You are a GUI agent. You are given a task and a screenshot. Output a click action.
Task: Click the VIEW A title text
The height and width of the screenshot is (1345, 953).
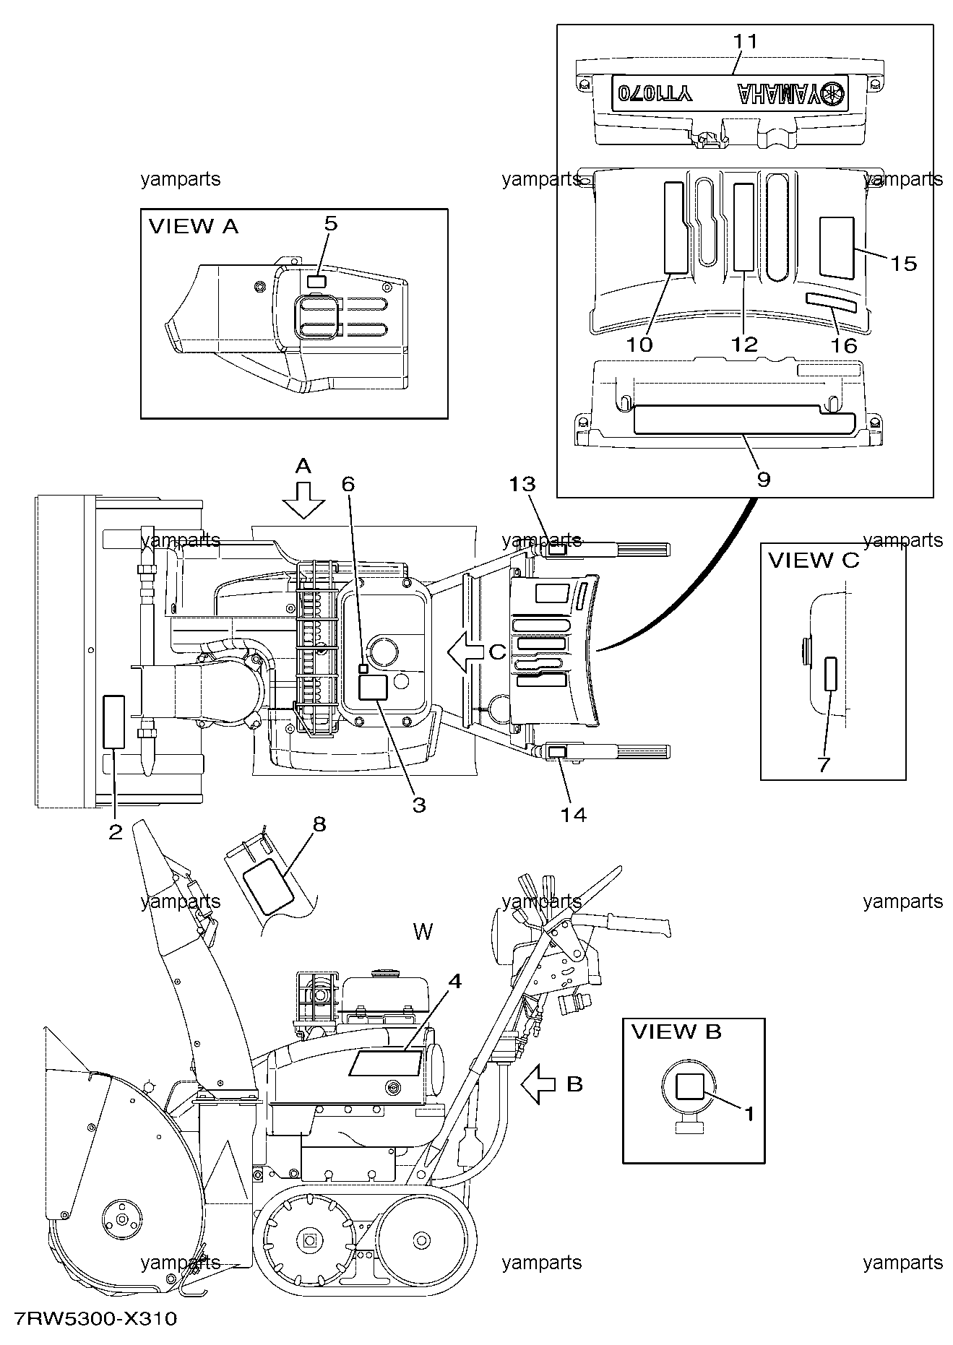click(x=193, y=227)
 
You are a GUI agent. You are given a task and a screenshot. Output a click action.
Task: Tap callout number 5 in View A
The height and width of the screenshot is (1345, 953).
click(x=330, y=223)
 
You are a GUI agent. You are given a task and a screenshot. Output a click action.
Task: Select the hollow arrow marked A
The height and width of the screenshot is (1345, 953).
click(x=303, y=501)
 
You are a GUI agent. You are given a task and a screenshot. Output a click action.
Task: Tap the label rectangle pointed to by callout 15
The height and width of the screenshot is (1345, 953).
click(x=837, y=247)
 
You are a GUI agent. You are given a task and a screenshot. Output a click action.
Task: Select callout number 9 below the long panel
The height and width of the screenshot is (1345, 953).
click(x=763, y=479)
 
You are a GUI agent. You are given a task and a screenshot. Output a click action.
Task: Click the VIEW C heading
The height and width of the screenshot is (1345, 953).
click(x=814, y=561)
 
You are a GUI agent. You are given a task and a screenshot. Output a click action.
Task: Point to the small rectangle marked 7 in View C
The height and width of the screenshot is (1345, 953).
click(x=831, y=673)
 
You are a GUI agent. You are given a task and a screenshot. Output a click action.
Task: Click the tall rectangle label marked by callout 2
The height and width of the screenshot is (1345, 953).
click(x=114, y=722)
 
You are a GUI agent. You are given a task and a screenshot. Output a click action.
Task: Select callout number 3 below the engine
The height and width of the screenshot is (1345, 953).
click(x=419, y=805)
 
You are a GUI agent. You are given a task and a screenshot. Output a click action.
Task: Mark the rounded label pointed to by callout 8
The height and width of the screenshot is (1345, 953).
click(x=269, y=882)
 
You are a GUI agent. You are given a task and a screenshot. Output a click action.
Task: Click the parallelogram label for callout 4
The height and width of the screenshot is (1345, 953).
click(x=386, y=1063)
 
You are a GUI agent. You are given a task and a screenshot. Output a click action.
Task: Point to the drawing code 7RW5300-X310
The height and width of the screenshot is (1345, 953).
click(x=90, y=1319)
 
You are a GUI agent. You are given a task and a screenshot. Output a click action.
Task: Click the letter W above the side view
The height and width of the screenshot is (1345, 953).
click(x=423, y=932)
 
